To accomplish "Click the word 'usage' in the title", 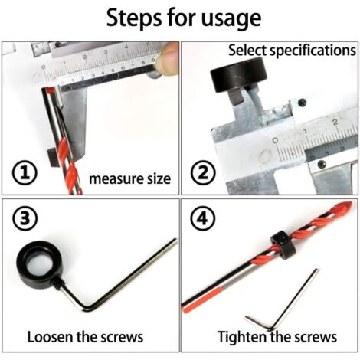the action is coord(231,18).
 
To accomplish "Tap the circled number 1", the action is coord(25,173).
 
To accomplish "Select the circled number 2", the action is coord(203,173).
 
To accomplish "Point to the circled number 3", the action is coord(25,218).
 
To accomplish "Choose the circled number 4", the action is coord(203,218).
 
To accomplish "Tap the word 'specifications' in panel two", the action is coord(313,51).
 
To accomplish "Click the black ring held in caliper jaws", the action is coord(238,75).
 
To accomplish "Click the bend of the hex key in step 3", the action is coord(87,308).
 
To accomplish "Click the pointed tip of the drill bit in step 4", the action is coord(352,204).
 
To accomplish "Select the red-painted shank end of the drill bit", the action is coord(201,299).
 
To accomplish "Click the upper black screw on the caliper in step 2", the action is coord(302,102).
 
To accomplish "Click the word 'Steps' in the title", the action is coord(134,18).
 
